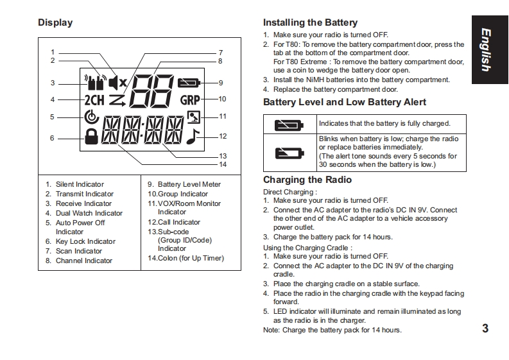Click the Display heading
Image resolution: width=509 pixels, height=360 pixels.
click(55, 23)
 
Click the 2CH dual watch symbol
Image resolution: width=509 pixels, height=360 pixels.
click(94, 99)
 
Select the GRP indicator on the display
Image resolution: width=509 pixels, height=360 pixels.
click(190, 100)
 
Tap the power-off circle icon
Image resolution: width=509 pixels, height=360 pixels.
click(91, 117)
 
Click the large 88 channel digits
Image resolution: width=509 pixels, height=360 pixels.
click(151, 91)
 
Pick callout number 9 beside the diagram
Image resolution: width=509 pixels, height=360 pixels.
click(220, 83)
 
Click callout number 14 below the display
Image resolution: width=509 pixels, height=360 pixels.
click(223, 164)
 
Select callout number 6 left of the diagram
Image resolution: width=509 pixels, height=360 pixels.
click(53, 138)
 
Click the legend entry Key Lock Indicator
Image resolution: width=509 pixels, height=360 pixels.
click(85, 241)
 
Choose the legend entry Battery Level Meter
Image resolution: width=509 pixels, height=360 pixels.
click(189, 184)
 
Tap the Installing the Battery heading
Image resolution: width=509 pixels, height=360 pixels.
click(310, 23)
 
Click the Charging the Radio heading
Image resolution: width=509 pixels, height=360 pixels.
click(307, 180)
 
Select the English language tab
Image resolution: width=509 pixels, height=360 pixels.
click(490, 49)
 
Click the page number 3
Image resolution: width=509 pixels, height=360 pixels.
click(485, 329)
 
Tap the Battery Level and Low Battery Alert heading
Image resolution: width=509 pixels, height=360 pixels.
click(345, 102)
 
